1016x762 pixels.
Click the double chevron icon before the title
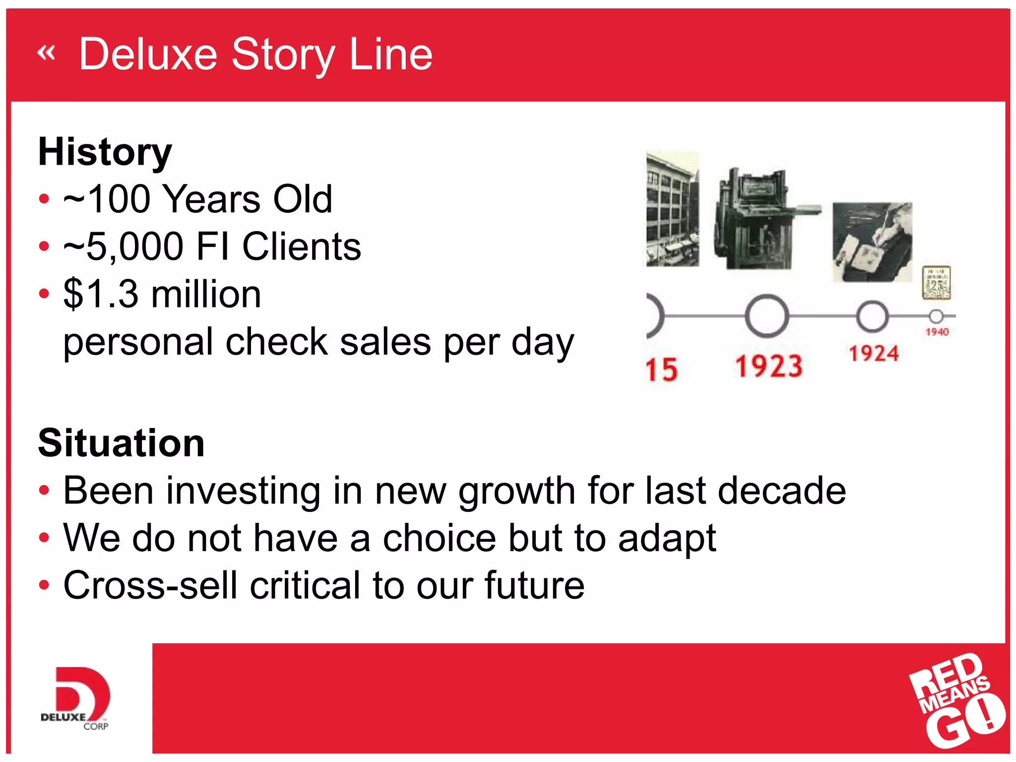46,52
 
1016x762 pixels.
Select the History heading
105,152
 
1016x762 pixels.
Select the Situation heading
122,443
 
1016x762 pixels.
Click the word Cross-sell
150,585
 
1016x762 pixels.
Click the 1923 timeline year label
768,366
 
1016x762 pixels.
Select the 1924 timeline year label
874,354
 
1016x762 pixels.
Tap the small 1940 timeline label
937,332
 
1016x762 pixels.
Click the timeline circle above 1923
766,316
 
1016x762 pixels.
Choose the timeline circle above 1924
872,316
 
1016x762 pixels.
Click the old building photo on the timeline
673,209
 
